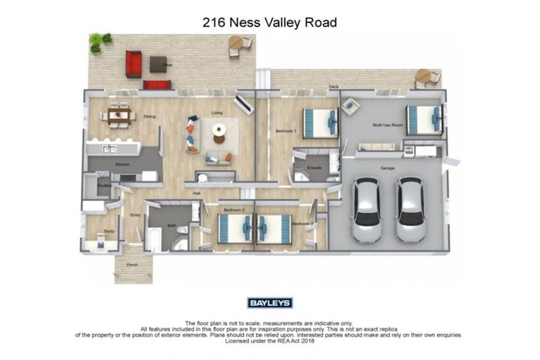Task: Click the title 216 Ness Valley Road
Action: tap(269, 22)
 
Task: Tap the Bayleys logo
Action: tap(269, 303)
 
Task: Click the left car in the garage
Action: tap(366, 209)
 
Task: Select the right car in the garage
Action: tap(410, 209)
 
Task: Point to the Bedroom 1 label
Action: tap(285, 132)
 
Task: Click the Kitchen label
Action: tap(123, 165)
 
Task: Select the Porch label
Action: tap(132, 265)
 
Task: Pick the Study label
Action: tap(109, 230)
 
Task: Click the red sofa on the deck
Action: tap(134, 63)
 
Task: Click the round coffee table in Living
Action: tap(219, 129)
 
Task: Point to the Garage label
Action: tap(387, 169)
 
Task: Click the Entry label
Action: tap(135, 215)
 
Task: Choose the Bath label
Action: tap(171, 226)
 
